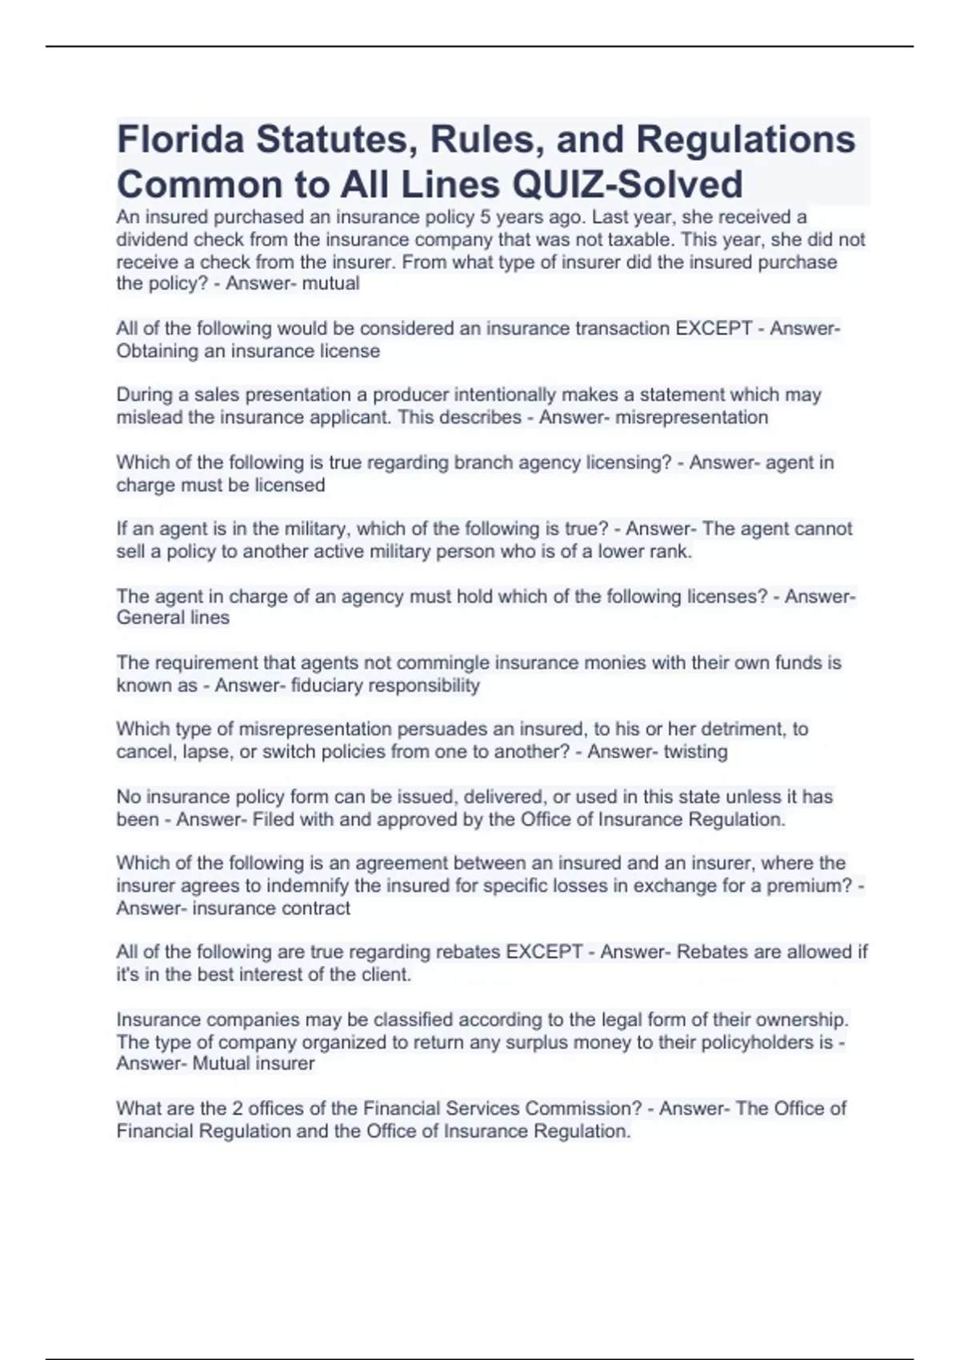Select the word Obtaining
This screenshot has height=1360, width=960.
pos(157,351)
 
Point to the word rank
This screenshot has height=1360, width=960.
pos(670,551)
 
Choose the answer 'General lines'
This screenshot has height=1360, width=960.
pos(173,618)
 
